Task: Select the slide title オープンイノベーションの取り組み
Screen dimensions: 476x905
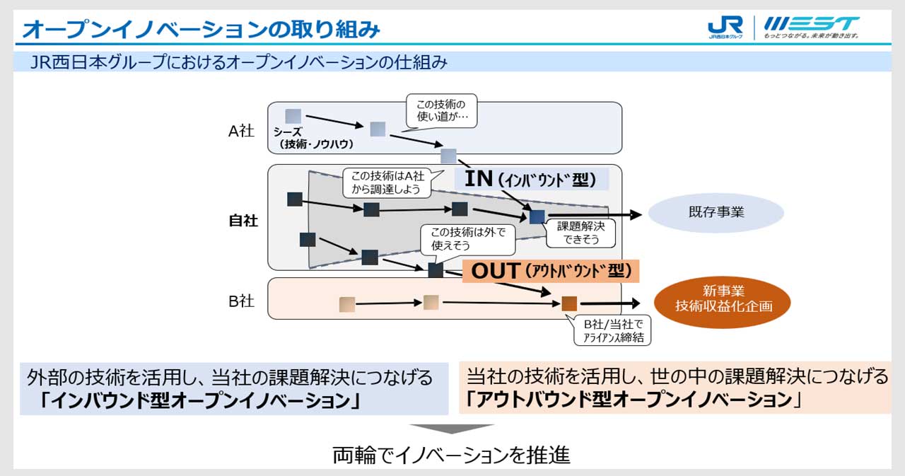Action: pyautogui.click(x=201, y=30)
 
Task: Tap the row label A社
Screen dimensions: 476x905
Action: pyautogui.click(x=241, y=131)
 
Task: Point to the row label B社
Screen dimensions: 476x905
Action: pyautogui.click(x=241, y=301)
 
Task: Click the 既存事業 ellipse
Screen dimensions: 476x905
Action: pyautogui.click(x=716, y=212)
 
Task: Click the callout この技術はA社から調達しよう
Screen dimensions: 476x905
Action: pyautogui.click(x=387, y=182)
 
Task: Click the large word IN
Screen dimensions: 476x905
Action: pyautogui.click(x=479, y=178)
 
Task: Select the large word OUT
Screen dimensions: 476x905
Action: pyautogui.click(x=496, y=271)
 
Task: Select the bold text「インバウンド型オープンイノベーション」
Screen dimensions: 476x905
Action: pyautogui.click(x=201, y=401)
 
